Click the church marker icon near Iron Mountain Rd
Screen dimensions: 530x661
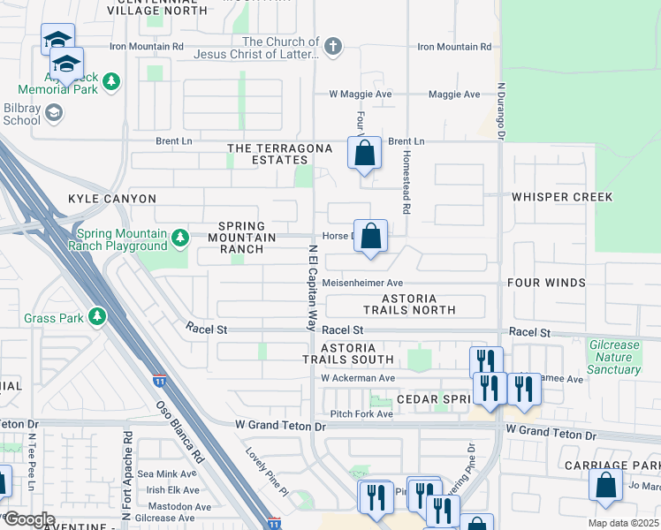332,47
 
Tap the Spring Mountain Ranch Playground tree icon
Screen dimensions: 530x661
180,238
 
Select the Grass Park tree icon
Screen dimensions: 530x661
95,316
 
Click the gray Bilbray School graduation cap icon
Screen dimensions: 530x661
54,111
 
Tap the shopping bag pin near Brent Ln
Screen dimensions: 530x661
364,154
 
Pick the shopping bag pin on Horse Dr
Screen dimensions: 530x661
372,237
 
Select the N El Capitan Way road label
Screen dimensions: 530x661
312,287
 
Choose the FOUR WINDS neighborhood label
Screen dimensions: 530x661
546,283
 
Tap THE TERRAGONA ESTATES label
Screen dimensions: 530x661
267,154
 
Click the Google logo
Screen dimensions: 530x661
28,519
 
